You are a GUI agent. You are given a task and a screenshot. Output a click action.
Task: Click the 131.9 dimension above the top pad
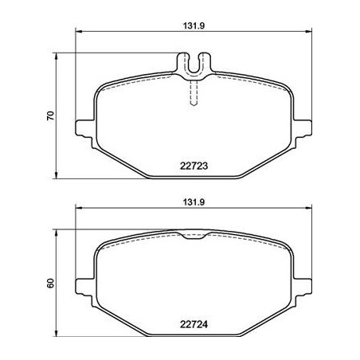[194, 25]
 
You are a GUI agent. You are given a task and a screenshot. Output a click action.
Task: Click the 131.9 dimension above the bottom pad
[194, 202]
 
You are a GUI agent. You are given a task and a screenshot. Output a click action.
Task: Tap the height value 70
[50, 115]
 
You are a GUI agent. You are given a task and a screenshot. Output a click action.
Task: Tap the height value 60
[50, 283]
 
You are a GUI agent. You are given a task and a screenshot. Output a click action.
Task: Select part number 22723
[194, 166]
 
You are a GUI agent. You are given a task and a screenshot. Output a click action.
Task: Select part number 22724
[194, 324]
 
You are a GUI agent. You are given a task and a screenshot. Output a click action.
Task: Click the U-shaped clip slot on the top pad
[194, 66]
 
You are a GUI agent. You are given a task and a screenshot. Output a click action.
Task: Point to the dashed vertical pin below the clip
[194, 93]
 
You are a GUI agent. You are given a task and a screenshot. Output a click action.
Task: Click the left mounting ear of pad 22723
[85, 128]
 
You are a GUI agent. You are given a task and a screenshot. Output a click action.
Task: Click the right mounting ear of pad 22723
[303, 128]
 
